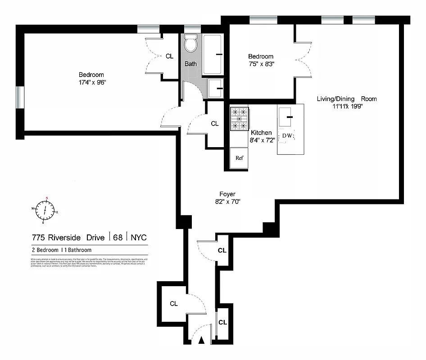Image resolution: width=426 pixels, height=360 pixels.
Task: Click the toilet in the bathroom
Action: pyautogui.click(x=191, y=44)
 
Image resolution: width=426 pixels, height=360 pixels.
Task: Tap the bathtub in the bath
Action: pyautogui.click(x=213, y=54)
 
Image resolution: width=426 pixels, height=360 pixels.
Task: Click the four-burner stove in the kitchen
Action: pyautogui.click(x=240, y=119)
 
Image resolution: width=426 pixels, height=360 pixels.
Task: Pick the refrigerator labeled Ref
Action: pyautogui.click(x=239, y=158)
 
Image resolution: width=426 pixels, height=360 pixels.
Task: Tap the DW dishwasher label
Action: pyautogui.click(x=287, y=136)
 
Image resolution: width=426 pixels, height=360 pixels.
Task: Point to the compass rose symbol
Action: pyautogui.click(x=45, y=210)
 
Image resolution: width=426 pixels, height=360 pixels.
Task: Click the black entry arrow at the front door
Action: pyautogui.click(x=202, y=341)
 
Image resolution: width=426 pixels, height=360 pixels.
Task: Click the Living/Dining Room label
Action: pyautogui.click(x=340, y=99)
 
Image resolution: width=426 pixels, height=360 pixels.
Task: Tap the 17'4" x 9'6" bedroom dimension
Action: pyautogui.click(x=91, y=82)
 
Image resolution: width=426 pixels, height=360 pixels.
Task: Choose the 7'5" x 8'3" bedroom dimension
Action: pyautogui.click(x=261, y=64)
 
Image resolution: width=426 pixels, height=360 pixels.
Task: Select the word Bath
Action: pyautogui.click(x=190, y=64)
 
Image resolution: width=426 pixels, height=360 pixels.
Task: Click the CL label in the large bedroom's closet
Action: pyautogui.click(x=169, y=57)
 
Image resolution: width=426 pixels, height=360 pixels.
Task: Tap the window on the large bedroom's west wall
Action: pyautogui.click(x=19, y=97)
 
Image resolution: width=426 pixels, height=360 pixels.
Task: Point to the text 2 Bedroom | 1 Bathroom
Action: pyautogui.click(x=61, y=250)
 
